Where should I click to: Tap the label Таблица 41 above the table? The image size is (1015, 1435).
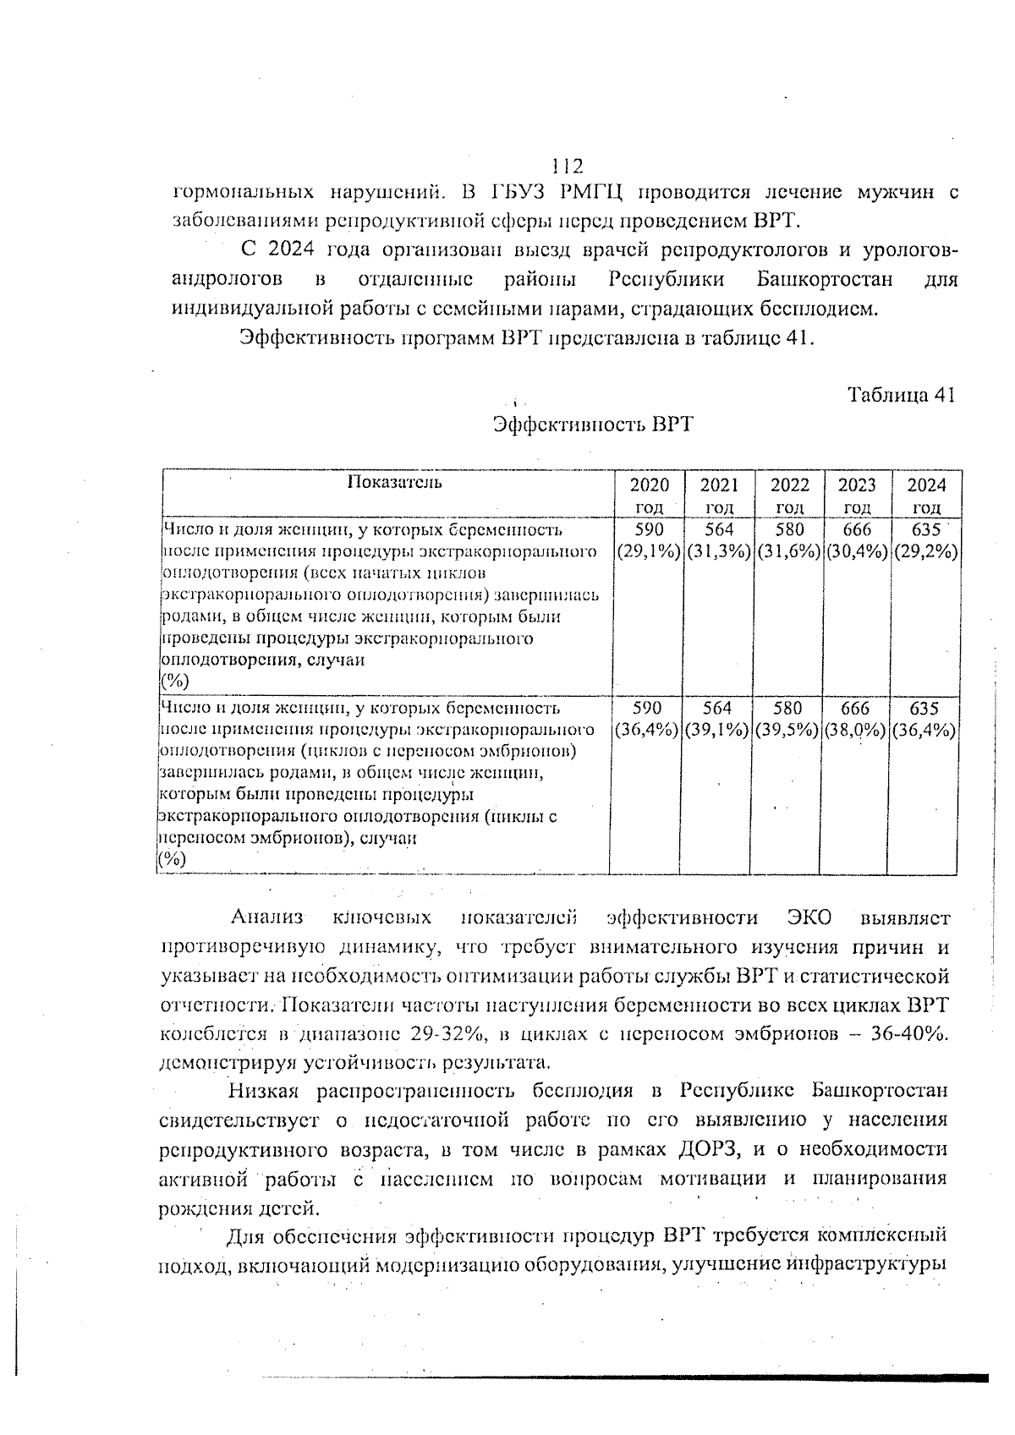coord(901,396)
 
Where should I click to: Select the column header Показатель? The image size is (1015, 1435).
coord(394,483)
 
